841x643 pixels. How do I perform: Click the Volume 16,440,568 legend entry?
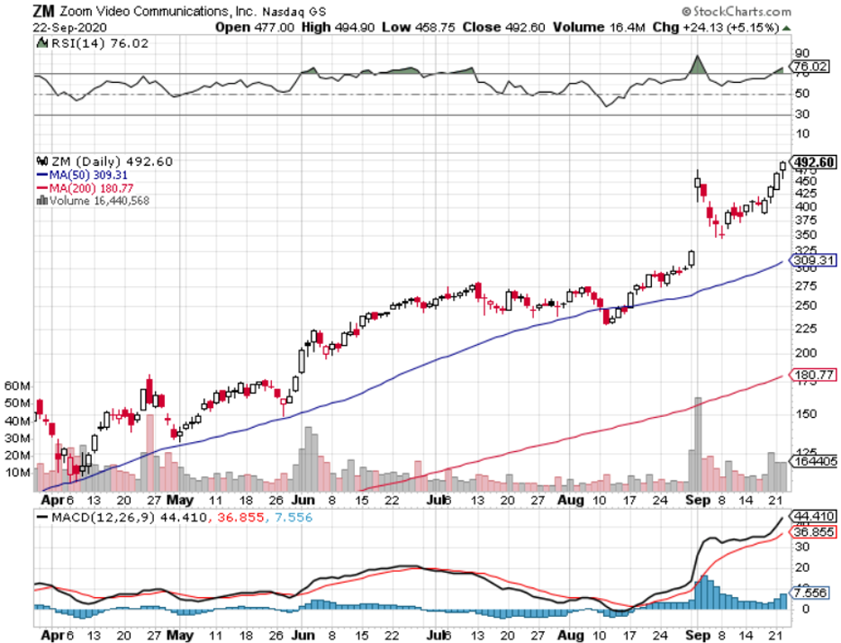[x=95, y=200]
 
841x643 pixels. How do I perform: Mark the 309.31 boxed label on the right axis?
[x=812, y=260]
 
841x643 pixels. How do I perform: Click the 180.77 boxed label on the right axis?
[x=812, y=375]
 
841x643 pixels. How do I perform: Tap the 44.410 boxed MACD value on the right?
[x=812, y=517]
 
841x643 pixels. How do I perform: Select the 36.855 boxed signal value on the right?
[x=812, y=532]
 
